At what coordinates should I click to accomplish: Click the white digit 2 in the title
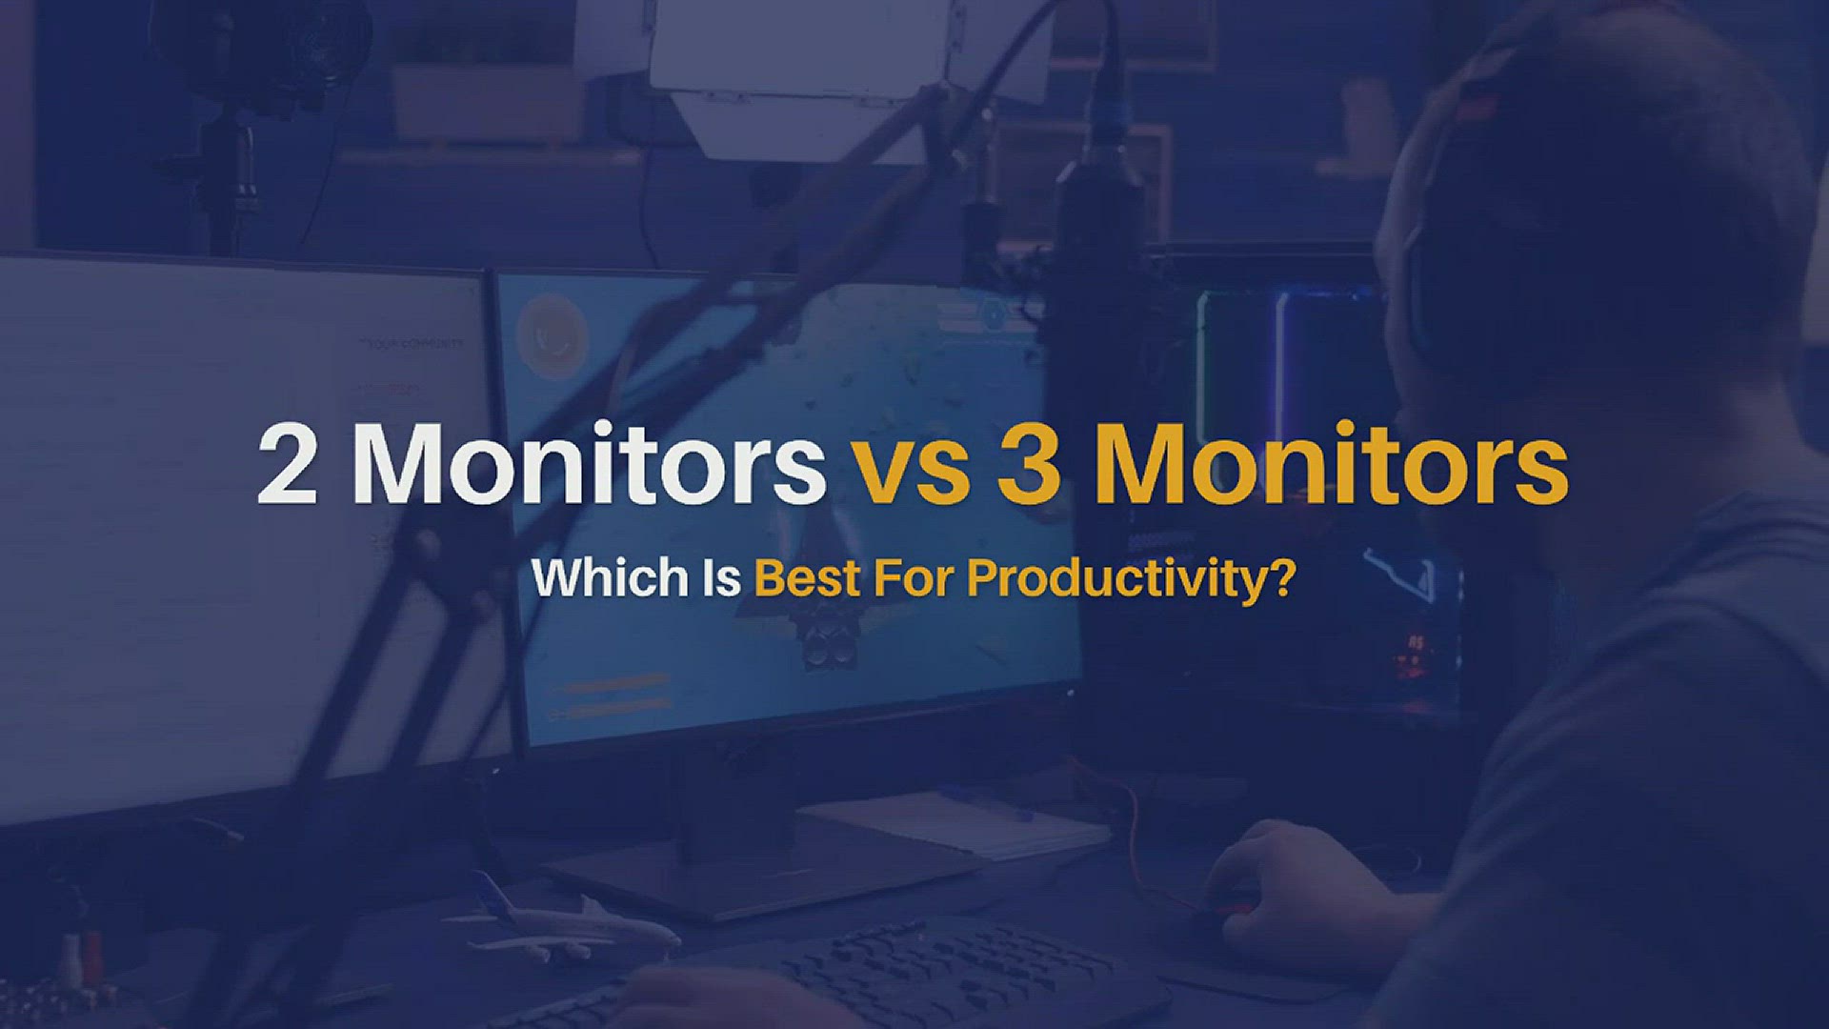coord(287,465)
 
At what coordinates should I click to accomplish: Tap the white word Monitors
coord(589,465)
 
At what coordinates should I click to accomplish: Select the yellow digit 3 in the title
coord(1029,465)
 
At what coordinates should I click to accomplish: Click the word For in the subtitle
coord(914,578)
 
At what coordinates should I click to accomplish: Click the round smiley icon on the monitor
coord(550,333)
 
